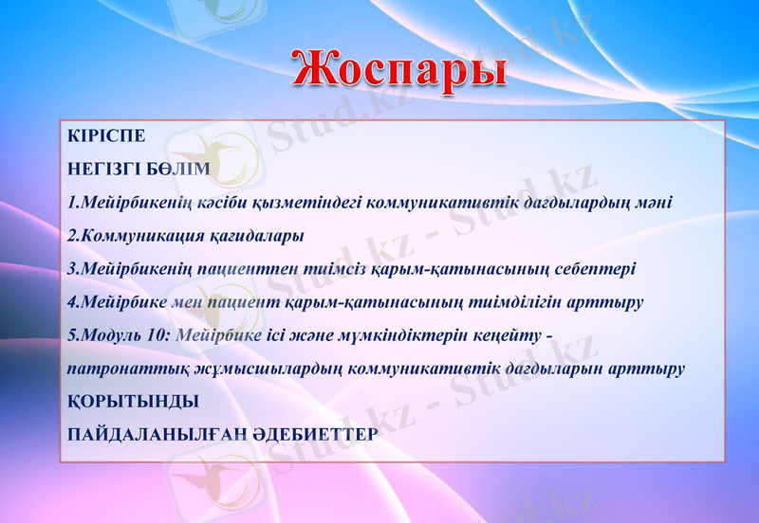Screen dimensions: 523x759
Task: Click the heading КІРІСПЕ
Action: [106, 135]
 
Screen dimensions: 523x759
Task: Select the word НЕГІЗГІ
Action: [102, 169]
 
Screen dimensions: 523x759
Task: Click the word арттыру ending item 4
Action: [612, 302]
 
